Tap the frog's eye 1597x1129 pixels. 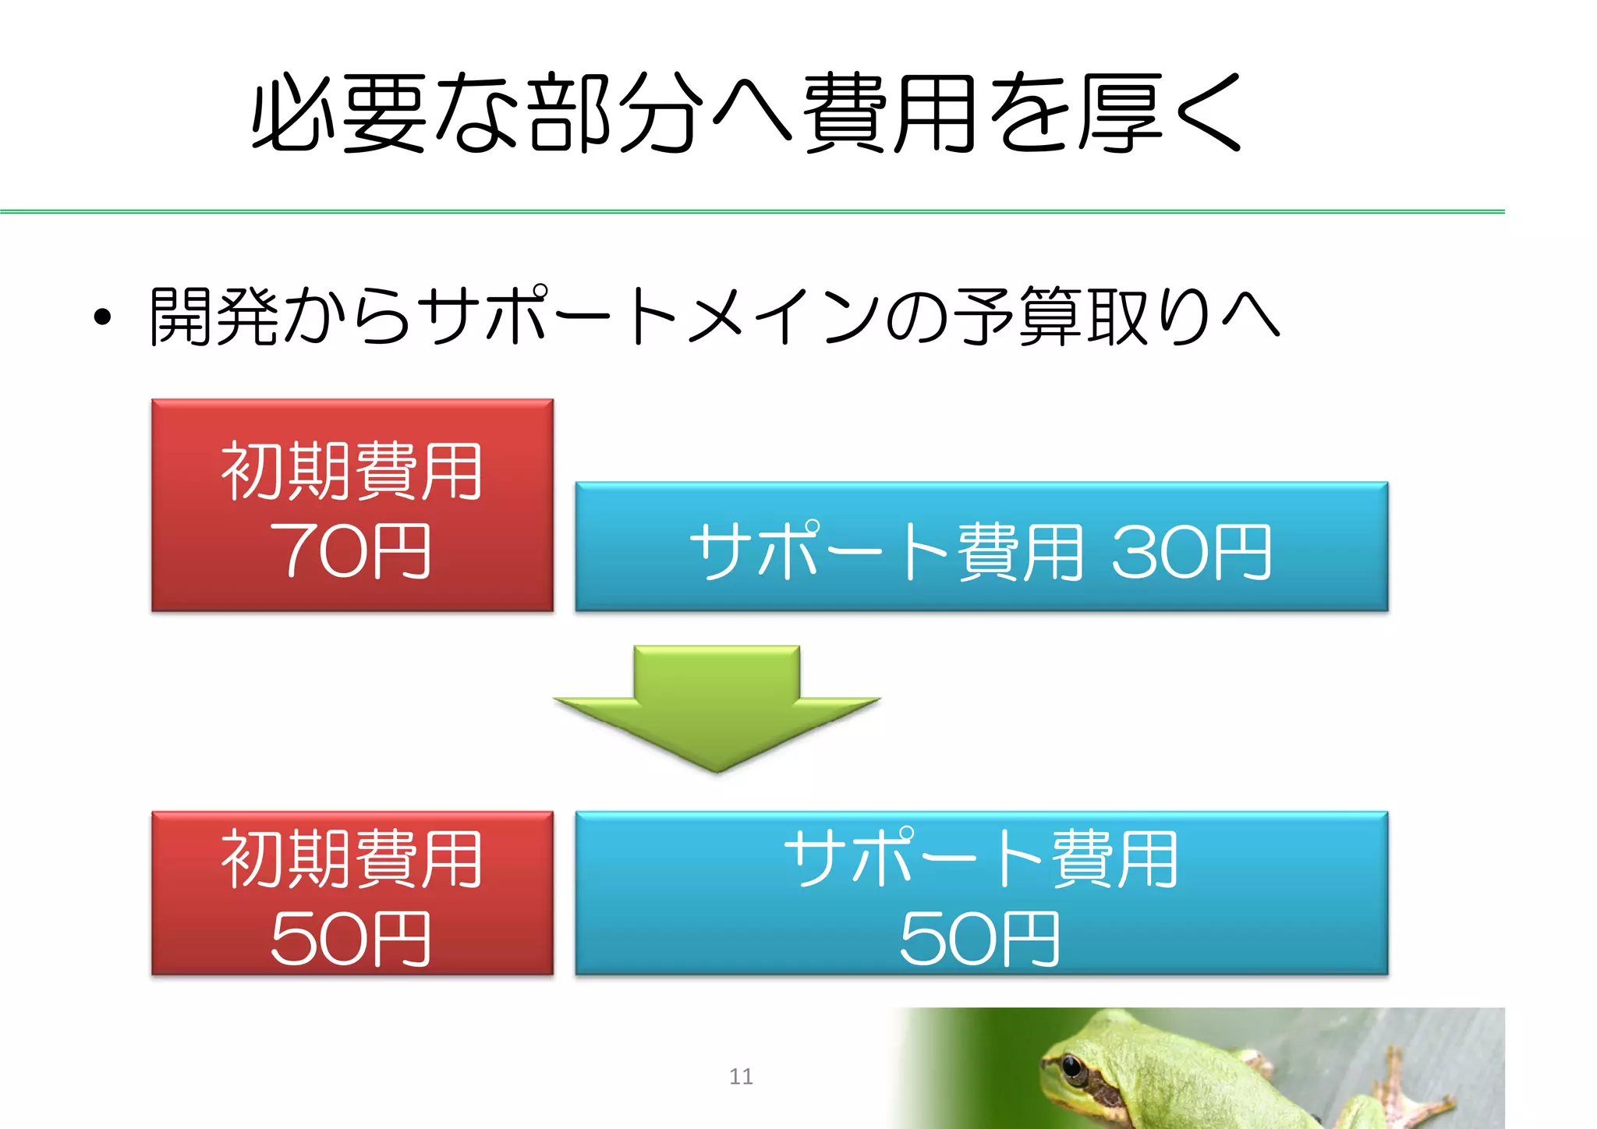[x=1074, y=1064]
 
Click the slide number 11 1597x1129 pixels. [x=741, y=1077]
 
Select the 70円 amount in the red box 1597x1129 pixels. [x=350, y=551]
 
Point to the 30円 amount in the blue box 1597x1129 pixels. [x=1192, y=553]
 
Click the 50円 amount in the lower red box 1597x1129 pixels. [x=350, y=940]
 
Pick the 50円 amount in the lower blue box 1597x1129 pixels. [x=980, y=940]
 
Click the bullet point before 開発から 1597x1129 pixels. [x=102, y=317]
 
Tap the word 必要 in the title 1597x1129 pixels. [x=339, y=113]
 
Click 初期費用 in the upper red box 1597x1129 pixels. [x=352, y=471]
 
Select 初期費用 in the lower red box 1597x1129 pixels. [x=352, y=859]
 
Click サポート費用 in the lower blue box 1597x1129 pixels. [x=981, y=859]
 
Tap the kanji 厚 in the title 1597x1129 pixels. [x=1121, y=113]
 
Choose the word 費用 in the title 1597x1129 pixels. [x=890, y=113]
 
